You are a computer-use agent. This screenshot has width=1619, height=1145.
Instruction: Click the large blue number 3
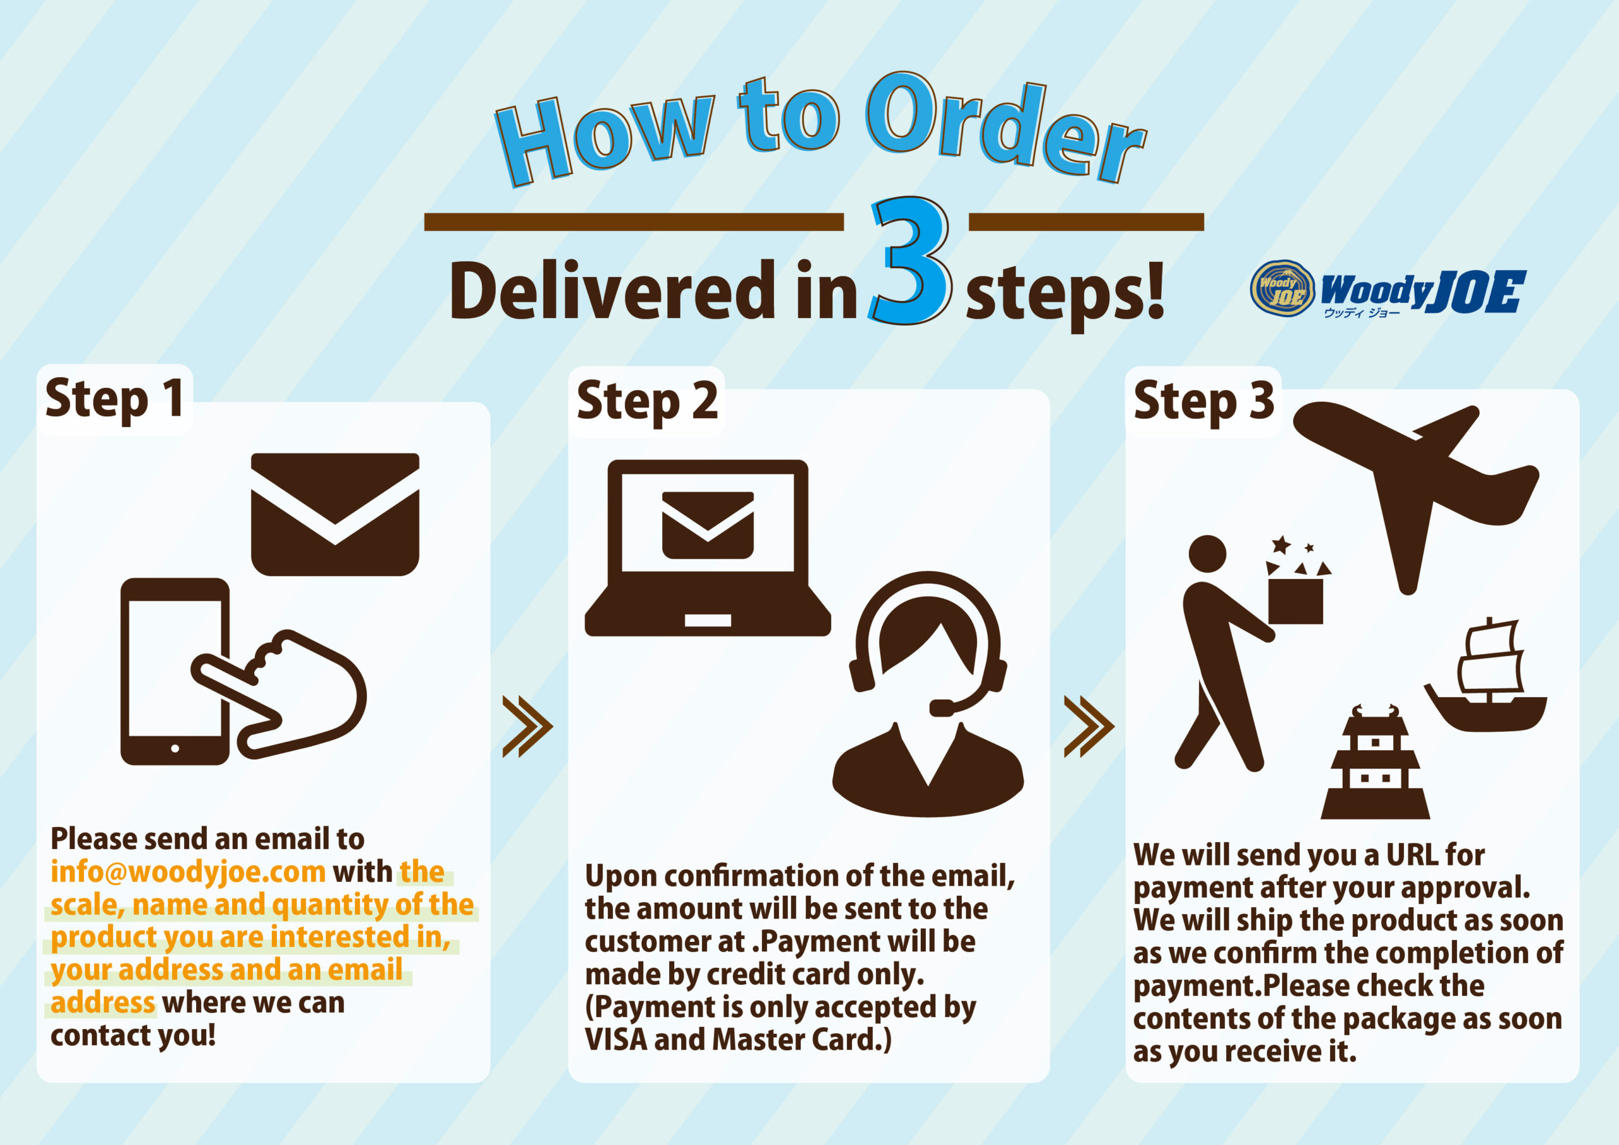pos(910,261)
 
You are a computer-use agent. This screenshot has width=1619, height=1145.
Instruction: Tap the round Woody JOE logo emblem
pos(1282,288)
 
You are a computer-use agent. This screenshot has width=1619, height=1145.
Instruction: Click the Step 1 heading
pos(115,399)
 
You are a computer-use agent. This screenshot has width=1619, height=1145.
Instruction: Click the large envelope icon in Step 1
pos(335,514)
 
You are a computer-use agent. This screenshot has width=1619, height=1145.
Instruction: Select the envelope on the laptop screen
pos(707,525)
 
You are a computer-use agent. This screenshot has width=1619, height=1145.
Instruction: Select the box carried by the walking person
pos(1295,600)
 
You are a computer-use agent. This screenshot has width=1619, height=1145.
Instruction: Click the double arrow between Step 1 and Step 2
pos(527,727)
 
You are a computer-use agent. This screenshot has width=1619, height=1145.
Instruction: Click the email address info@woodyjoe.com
pos(188,872)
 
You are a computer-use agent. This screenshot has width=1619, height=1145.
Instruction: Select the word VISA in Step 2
pos(615,1040)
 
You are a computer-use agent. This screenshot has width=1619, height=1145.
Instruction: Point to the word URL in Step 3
pos(1411,855)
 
